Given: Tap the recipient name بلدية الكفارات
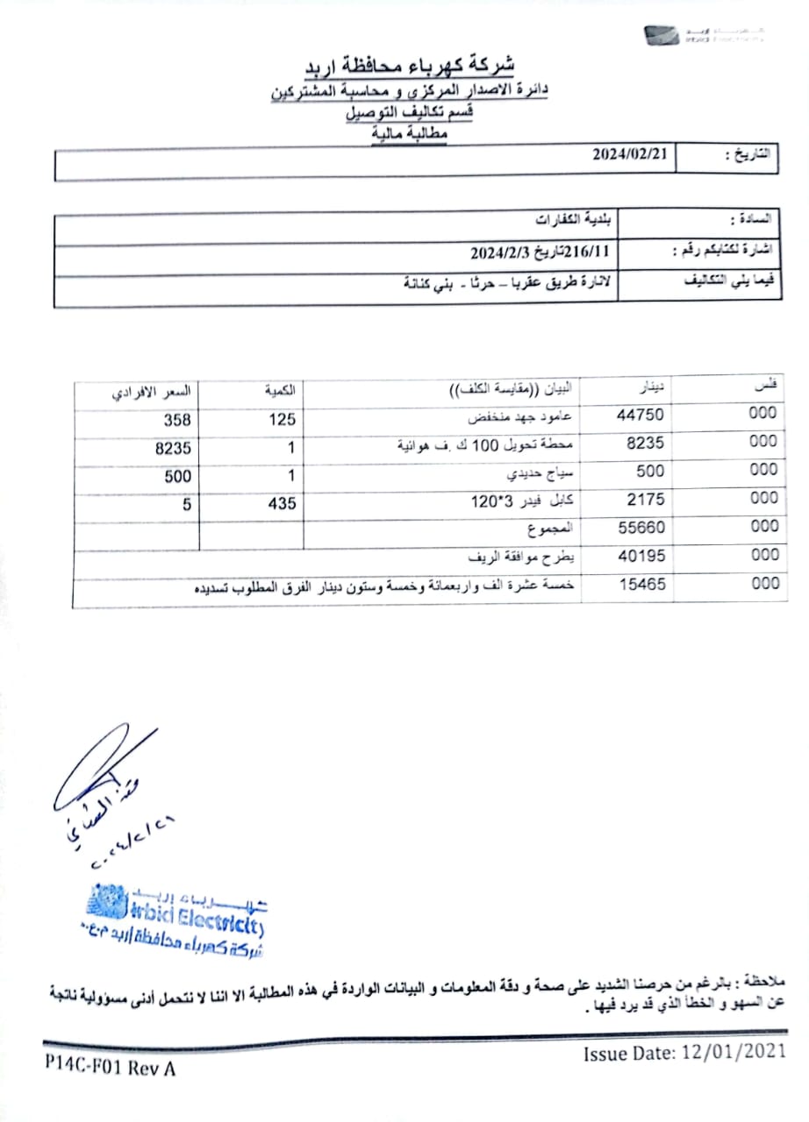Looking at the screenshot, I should [x=575, y=218].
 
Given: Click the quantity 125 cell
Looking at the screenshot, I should [x=282, y=420].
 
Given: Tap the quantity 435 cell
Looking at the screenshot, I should [x=282, y=504].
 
